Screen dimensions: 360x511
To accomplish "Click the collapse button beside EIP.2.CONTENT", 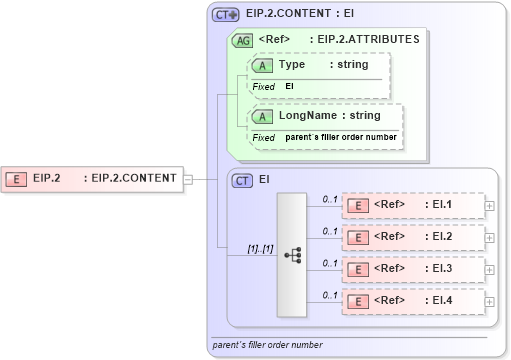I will pyautogui.click(x=187, y=179).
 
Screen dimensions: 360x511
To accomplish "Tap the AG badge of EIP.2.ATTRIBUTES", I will pyautogui.click(x=242, y=41).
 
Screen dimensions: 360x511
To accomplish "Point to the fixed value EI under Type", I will pyautogui.click(x=290, y=87).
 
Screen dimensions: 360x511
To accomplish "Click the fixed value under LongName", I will pyautogui.click(x=341, y=137).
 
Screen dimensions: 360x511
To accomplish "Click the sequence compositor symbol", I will pyautogui.click(x=292, y=254).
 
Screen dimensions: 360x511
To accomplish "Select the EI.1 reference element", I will pyautogui.click(x=411, y=205).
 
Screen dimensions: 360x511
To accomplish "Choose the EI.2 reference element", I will pyautogui.click(x=411, y=237).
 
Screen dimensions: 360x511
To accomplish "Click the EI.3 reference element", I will pyautogui.click(x=411, y=269).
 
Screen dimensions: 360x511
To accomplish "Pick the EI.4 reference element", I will pyautogui.click(x=411, y=301).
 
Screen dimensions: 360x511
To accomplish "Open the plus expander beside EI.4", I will pyautogui.click(x=489, y=301).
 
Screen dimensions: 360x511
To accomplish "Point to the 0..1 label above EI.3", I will pyautogui.click(x=329, y=263).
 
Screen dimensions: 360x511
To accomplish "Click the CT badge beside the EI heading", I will pyautogui.click(x=242, y=180).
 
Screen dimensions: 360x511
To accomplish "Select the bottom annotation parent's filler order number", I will pyautogui.click(x=267, y=345).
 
